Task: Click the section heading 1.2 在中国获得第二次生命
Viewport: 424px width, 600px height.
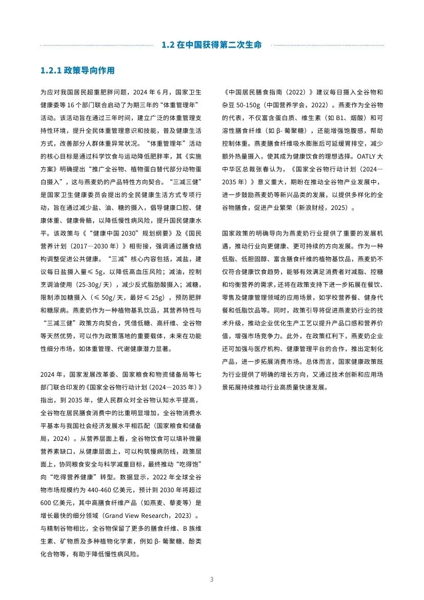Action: [x=212, y=45]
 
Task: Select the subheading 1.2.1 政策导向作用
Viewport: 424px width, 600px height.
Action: [x=78, y=70]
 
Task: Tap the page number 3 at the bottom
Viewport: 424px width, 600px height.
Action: [x=212, y=579]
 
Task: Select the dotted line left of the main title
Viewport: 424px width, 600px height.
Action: [x=97, y=45]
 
